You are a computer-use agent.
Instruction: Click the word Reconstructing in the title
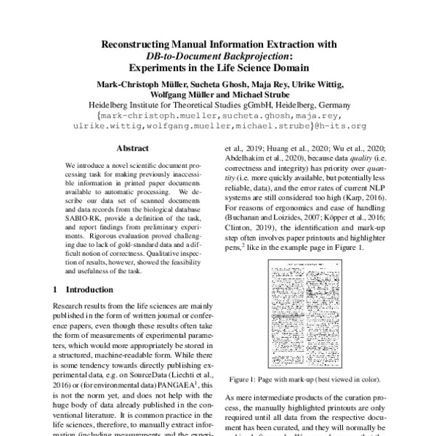[133, 44]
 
